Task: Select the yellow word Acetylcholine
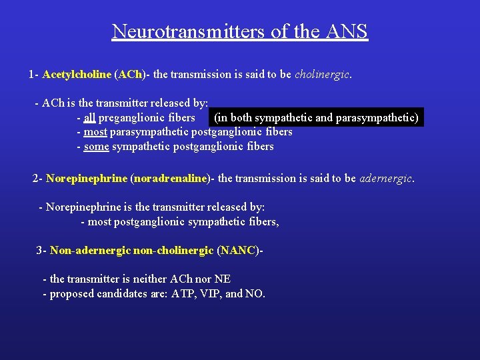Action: pos(77,75)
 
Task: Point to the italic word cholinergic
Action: pos(322,75)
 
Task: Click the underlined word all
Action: pos(89,118)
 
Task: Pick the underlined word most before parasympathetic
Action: pos(95,132)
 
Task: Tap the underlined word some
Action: pos(96,147)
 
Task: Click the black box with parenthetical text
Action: pos(316,118)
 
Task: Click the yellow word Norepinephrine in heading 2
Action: pos(87,179)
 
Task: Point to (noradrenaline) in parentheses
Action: pos(171,179)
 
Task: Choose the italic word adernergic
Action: pos(386,179)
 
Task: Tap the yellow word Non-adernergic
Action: pos(90,251)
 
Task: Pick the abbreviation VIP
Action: pos(211,293)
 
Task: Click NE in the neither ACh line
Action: pos(222,279)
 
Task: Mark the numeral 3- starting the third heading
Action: pos(41,251)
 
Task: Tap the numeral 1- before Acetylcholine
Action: pos(33,75)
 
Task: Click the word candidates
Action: pos(141,293)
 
